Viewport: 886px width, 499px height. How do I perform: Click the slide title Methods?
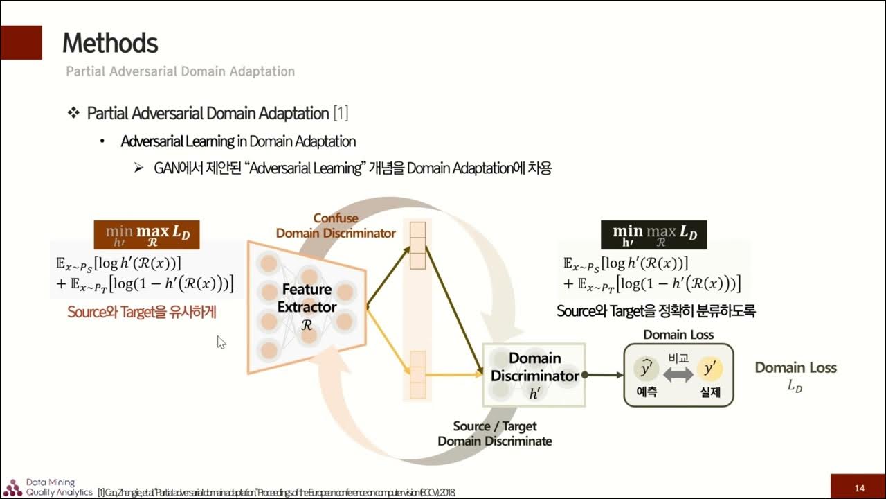(110, 44)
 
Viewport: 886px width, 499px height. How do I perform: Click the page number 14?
(859, 488)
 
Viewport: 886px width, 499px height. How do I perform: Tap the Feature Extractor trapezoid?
(307, 306)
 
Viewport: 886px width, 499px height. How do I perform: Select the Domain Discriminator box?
(534, 375)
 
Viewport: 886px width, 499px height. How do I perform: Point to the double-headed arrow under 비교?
(678, 374)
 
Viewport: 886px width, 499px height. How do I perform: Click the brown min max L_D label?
(147, 235)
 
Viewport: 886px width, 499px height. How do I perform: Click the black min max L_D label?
(654, 234)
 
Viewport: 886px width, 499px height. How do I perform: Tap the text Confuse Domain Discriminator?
(336, 226)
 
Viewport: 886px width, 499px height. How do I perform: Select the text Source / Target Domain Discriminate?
(495, 433)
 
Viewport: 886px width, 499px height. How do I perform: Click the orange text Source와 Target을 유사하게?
(142, 313)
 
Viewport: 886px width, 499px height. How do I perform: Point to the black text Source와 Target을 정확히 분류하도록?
(656, 311)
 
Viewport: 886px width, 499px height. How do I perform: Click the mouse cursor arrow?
(221, 342)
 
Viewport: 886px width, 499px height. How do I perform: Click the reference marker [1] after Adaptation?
(341, 113)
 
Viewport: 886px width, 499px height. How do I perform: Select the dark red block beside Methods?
(21, 42)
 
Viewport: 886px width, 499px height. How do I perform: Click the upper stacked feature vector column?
(417, 245)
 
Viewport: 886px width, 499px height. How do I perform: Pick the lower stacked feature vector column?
(417, 375)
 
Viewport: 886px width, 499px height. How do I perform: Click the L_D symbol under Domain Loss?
(795, 387)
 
